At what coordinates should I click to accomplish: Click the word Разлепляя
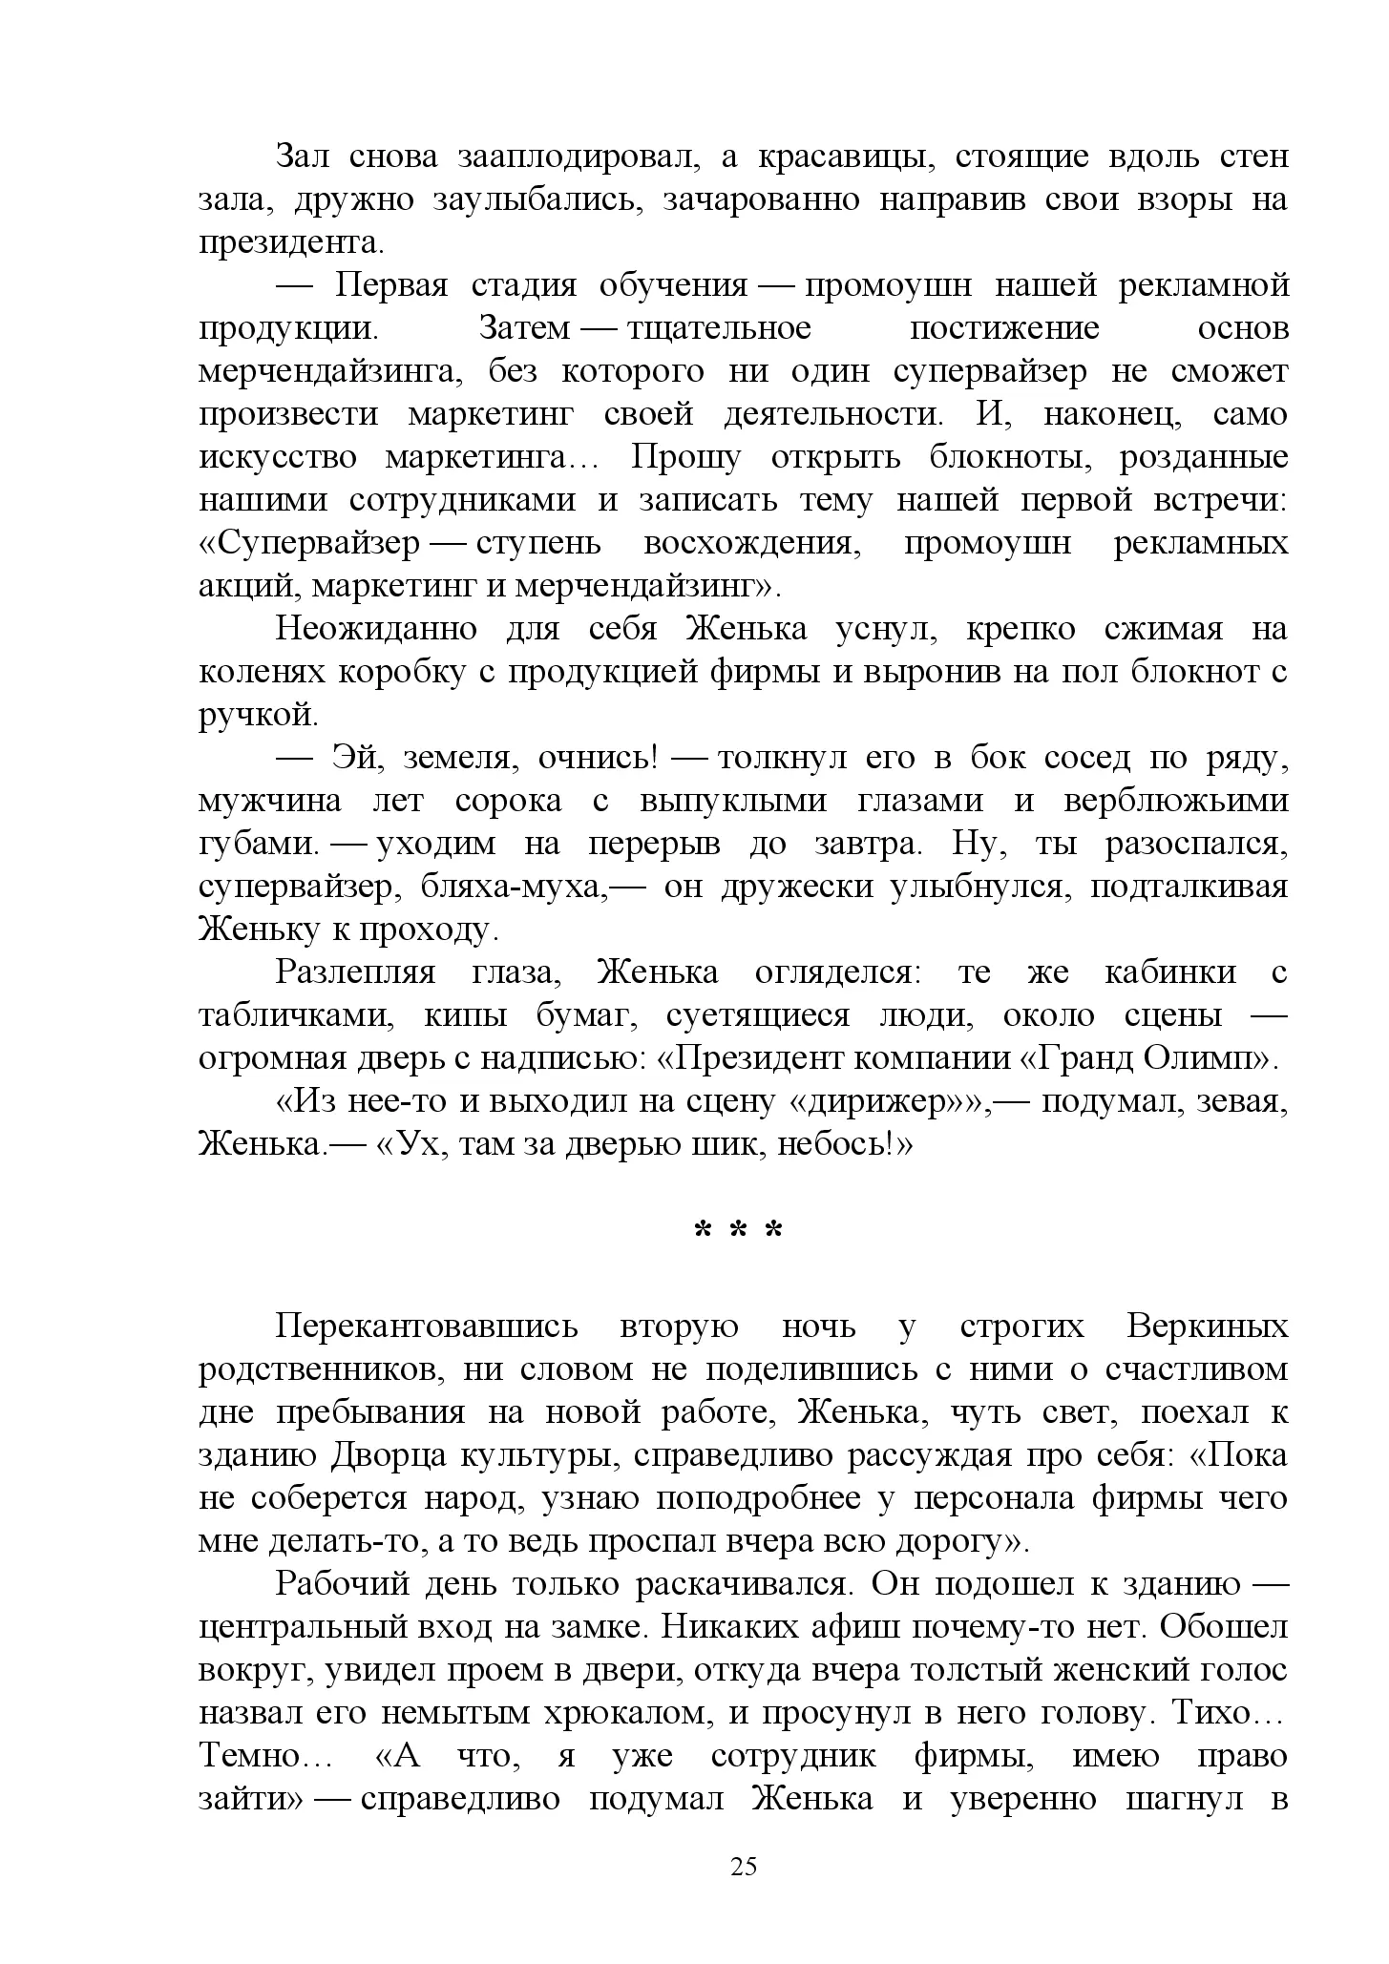[x=355, y=972]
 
